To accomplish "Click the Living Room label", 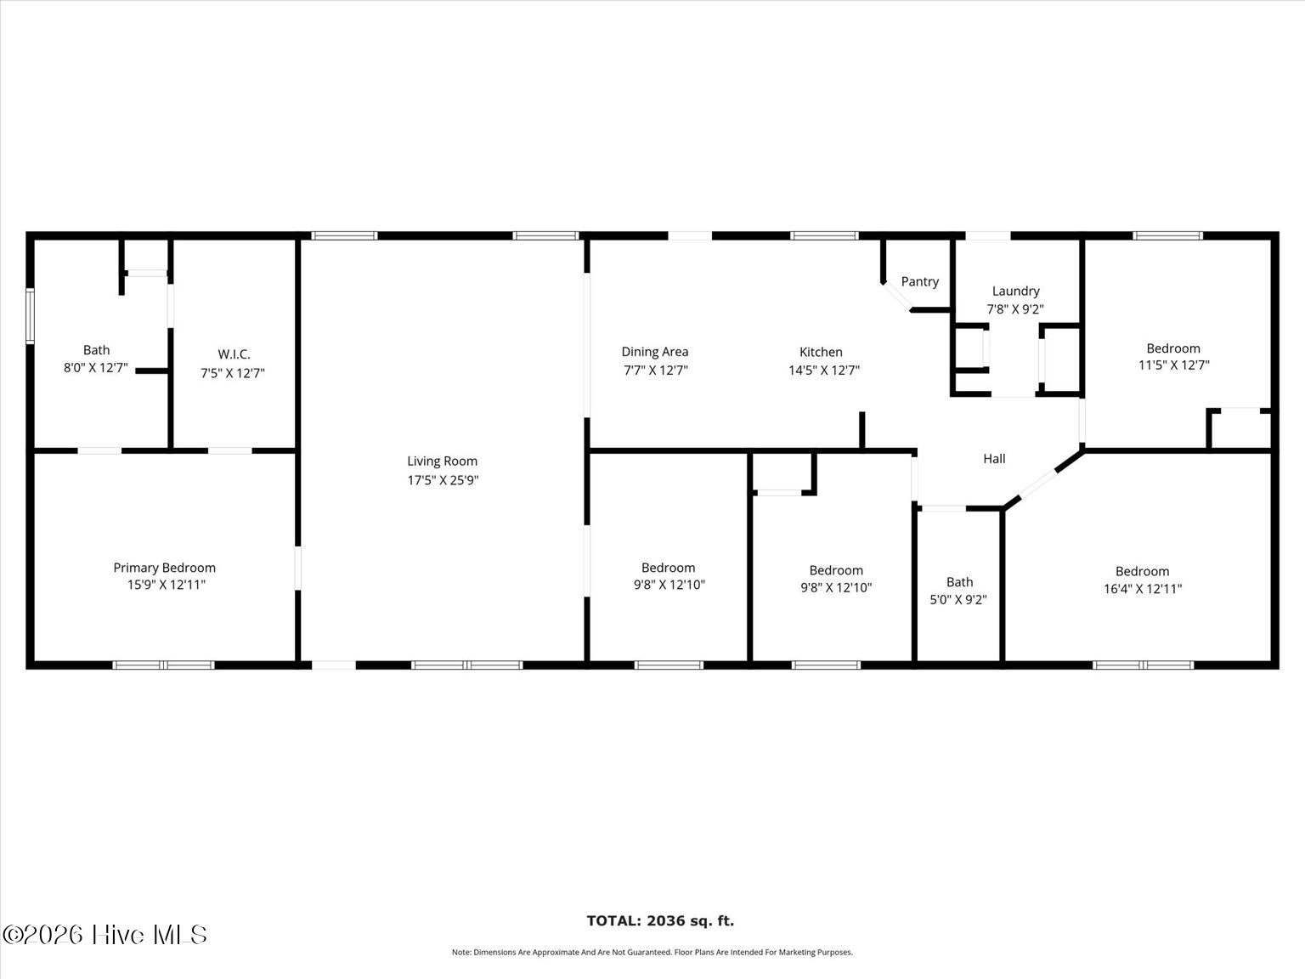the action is click(442, 461).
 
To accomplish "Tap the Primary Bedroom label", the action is click(164, 568).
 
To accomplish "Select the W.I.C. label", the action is click(234, 354).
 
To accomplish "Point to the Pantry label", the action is click(920, 282).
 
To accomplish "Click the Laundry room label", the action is click(1015, 291).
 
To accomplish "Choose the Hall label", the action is click(994, 458).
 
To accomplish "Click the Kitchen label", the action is click(821, 352).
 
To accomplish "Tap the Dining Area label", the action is click(654, 352).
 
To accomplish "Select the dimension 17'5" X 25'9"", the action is click(443, 479).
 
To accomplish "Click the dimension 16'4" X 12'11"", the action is click(1143, 588).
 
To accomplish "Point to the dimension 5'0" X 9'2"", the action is click(958, 600).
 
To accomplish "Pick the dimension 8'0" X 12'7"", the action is click(96, 367).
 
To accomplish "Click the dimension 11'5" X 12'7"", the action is click(1173, 365).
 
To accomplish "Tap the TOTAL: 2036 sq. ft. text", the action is click(660, 920).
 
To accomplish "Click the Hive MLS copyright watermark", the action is click(105, 935).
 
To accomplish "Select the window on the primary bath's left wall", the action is click(30, 315).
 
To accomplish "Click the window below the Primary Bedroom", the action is click(163, 665).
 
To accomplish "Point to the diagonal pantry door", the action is click(897, 296).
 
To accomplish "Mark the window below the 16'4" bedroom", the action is click(1143, 665).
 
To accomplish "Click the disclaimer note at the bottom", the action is click(652, 952).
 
